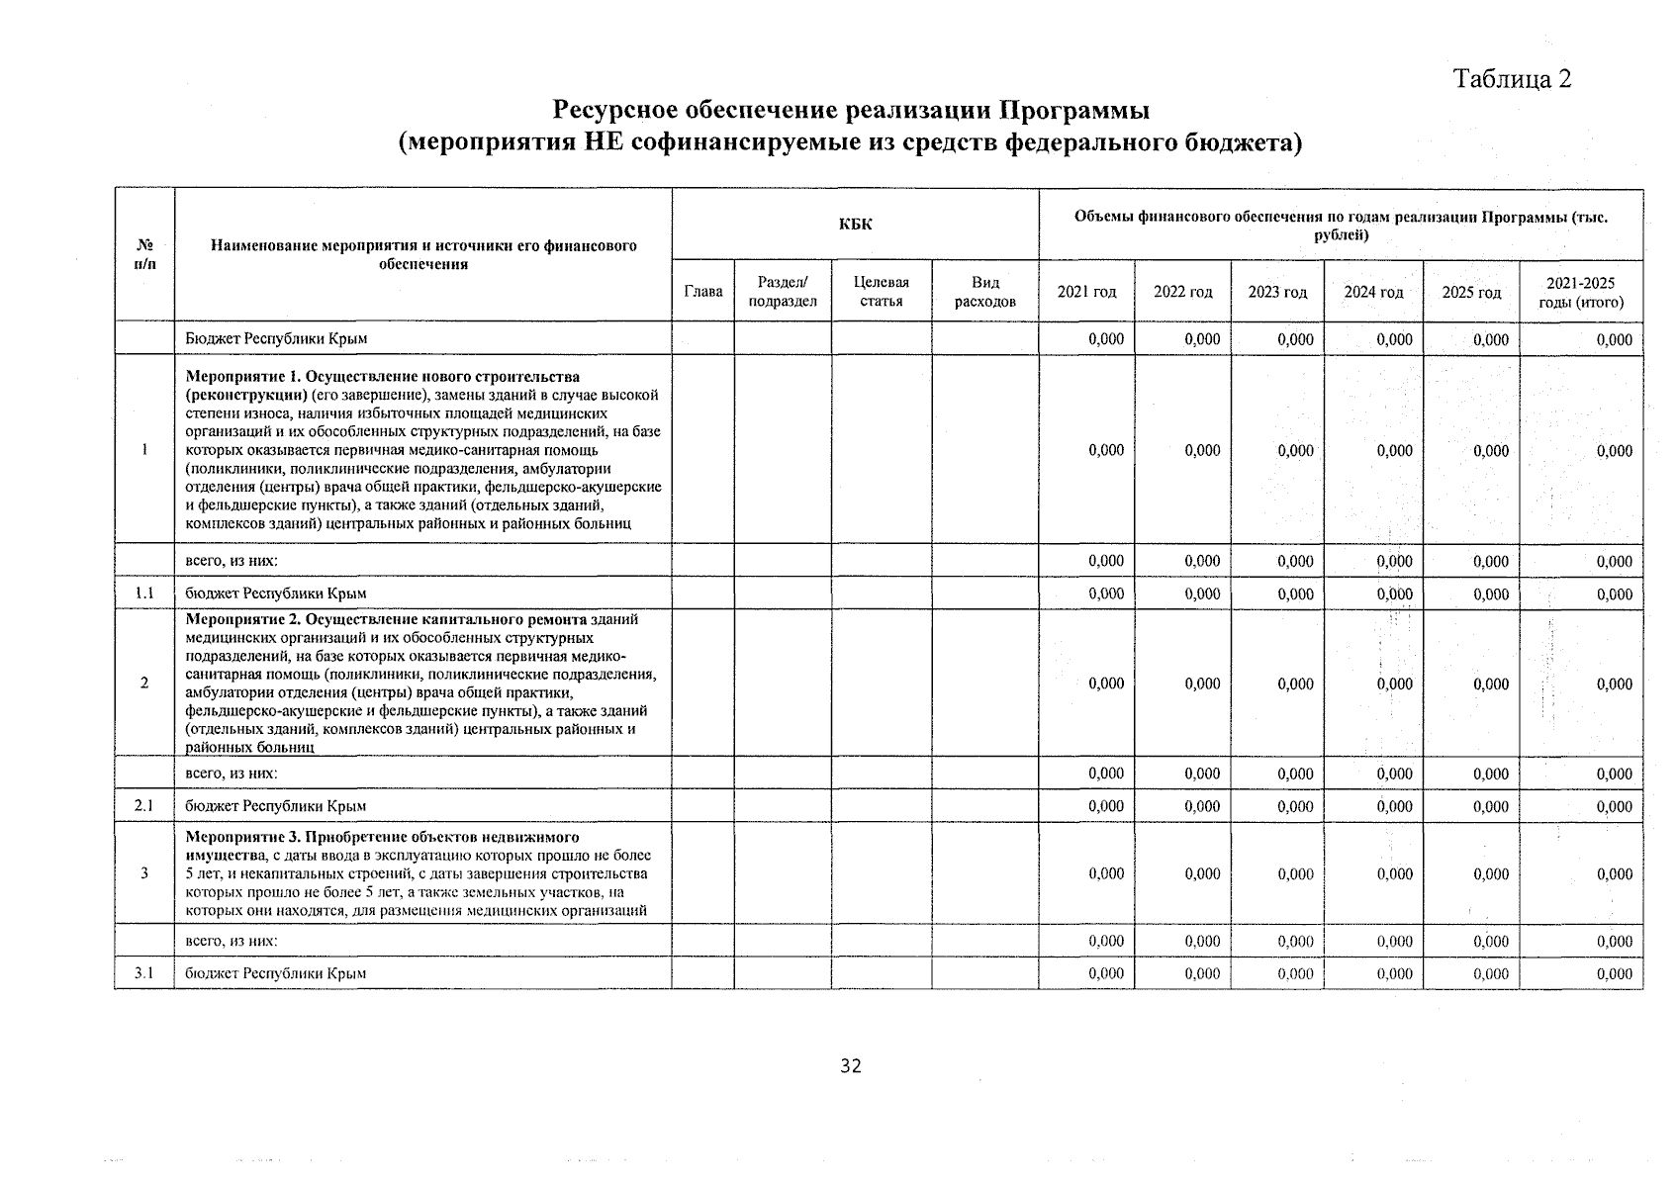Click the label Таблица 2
pos(1512,79)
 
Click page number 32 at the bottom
pos(850,1065)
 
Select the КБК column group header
pos(855,225)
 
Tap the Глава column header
pos(702,292)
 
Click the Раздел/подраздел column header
pos(783,292)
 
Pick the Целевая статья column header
pos(881,292)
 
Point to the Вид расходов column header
pos(984,292)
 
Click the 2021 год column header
pos(1086,292)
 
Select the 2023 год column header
pos(1277,292)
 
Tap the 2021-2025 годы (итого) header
pos(1581,292)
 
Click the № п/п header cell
pos(144,254)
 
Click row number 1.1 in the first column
pos(144,593)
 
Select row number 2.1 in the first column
pos(144,806)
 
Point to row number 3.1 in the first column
pos(144,973)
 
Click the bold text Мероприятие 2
pos(241,619)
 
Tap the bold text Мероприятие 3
pos(241,837)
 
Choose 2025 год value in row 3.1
pos(1490,973)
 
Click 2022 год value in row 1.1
pos(1202,593)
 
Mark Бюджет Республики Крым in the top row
pos(276,338)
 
